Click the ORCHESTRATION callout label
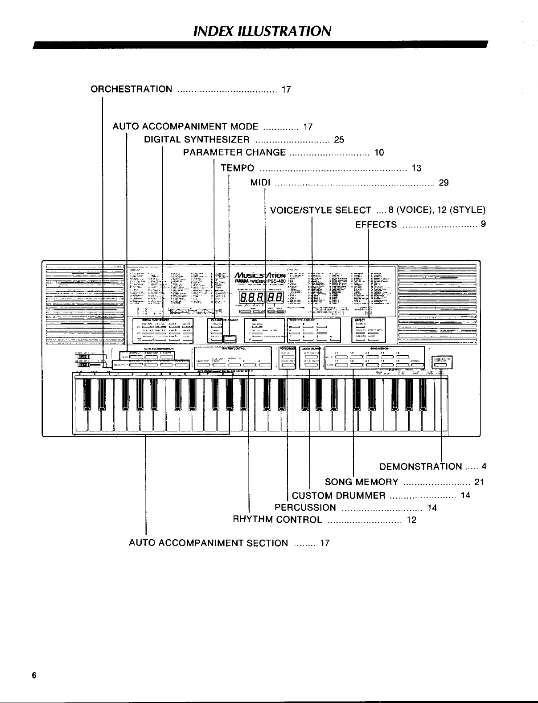click(131, 89)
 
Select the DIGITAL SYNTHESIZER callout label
click(197, 140)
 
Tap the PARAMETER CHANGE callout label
click(234, 153)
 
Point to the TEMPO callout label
click(238, 168)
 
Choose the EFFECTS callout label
click(376, 225)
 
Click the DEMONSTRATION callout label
click(421, 467)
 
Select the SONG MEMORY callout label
click(361, 482)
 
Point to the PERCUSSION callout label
click(305, 508)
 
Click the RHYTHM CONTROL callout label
click(277, 520)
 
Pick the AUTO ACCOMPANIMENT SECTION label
click(208, 543)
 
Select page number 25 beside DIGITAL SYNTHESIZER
click(339, 140)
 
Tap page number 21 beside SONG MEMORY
click(479, 482)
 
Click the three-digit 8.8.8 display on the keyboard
click(252, 298)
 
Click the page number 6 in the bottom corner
click(33, 675)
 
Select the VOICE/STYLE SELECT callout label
click(321, 210)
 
